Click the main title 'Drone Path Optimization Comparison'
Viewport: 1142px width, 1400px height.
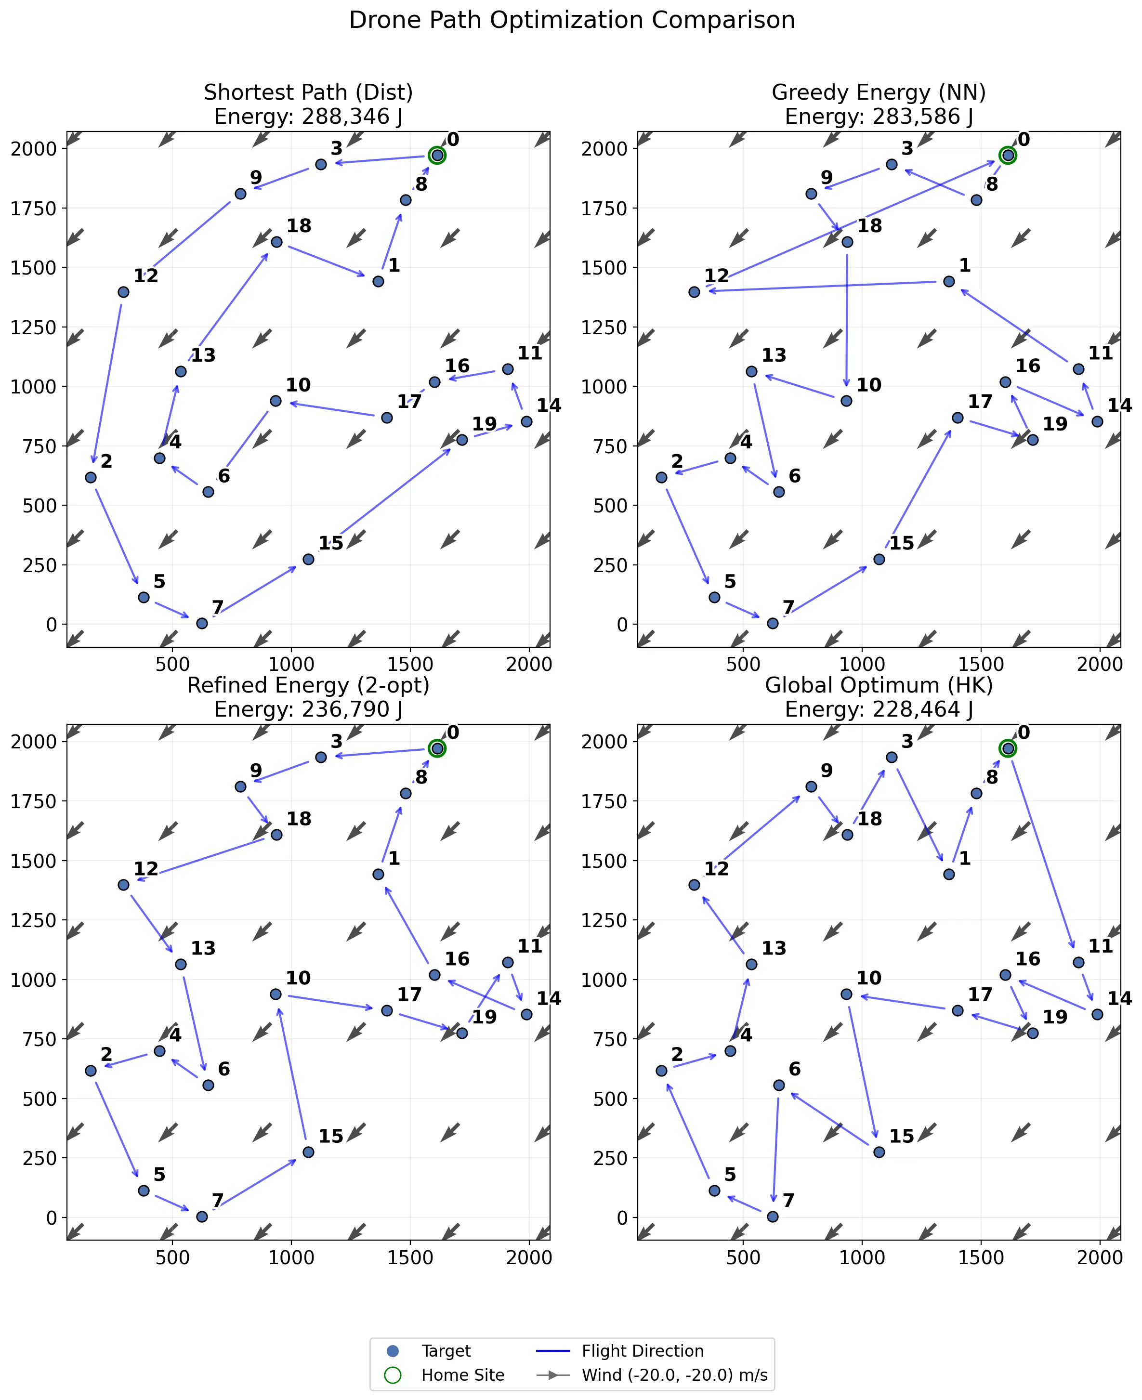point(571,20)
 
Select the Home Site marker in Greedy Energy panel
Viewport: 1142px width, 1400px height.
point(1007,155)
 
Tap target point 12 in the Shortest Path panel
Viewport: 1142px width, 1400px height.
point(123,292)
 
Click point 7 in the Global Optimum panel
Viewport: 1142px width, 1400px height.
point(772,1217)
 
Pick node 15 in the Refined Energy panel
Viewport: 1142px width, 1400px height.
point(308,1152)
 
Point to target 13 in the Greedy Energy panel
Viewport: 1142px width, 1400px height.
point(751,371)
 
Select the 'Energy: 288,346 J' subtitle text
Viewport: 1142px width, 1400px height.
point(308,117)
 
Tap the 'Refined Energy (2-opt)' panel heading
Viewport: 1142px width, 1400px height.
point(308,685)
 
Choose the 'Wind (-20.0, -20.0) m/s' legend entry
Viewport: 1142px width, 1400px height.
point(674,1375)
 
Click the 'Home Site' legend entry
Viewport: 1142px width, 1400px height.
point(462,1375)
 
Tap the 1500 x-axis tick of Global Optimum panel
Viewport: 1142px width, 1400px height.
point(981,1257)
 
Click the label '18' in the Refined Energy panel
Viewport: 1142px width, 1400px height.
point(299,819)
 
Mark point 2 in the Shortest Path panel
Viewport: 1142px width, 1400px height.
point(91,477)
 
